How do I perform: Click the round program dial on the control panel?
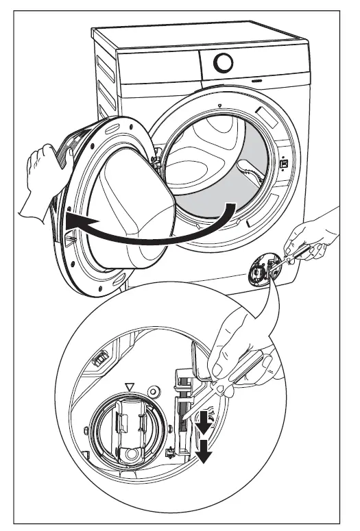click(x=223, y=64)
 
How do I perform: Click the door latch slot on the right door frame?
click(x=282, y=164)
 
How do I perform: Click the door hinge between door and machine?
click(x=156, y=164)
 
